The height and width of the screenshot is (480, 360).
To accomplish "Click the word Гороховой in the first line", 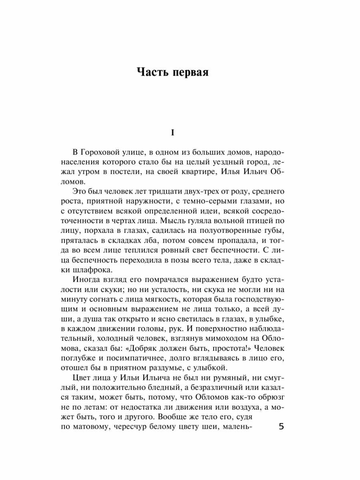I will point(100,154).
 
